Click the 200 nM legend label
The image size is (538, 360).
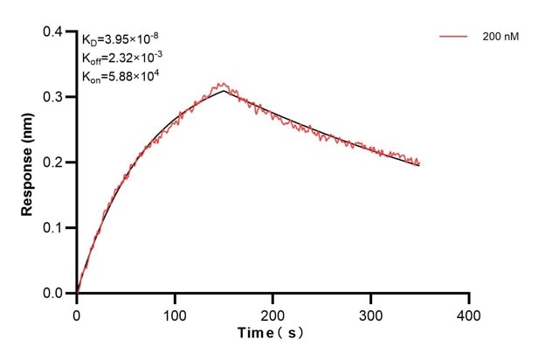(499, 37)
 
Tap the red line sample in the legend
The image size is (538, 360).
(453, 37)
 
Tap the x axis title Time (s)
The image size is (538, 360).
(272, 334)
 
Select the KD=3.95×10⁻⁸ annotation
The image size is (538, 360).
(121, 38)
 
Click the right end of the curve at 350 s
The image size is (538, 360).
(419, 163)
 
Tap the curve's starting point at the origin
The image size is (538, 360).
(77, 293)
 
